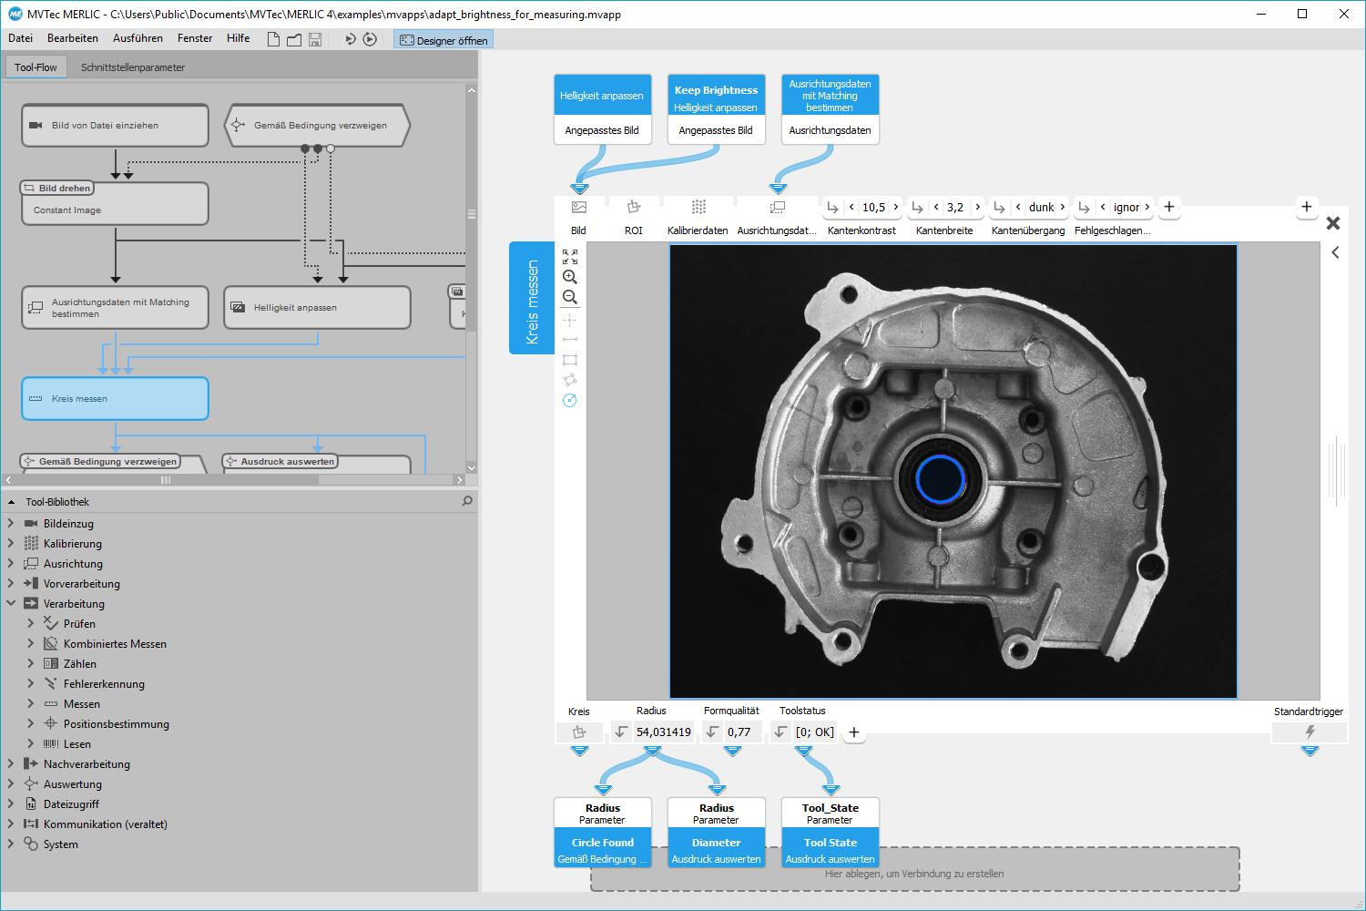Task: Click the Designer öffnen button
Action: click(443, 40)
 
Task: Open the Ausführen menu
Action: click(138, 38)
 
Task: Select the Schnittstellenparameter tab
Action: click(133, 67)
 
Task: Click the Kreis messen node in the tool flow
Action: click(116, 398)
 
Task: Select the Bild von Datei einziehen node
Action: click(116, 125)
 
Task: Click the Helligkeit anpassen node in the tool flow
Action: click(317, 308)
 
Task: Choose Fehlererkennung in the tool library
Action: click(104, 684)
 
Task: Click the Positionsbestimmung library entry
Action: click(116, 724)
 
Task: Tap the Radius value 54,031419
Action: click(664, 732)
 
